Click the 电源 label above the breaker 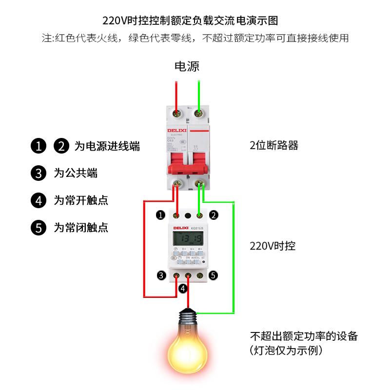point(187,66)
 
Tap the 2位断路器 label point(273,145)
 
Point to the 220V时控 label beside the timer point(273,246)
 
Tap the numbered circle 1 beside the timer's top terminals point(159,215)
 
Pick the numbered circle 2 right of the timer point(214,215)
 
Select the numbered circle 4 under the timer point(183,289)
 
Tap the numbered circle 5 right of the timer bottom point(213,275)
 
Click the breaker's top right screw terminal point(198,114)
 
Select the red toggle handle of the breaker point(187,167)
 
